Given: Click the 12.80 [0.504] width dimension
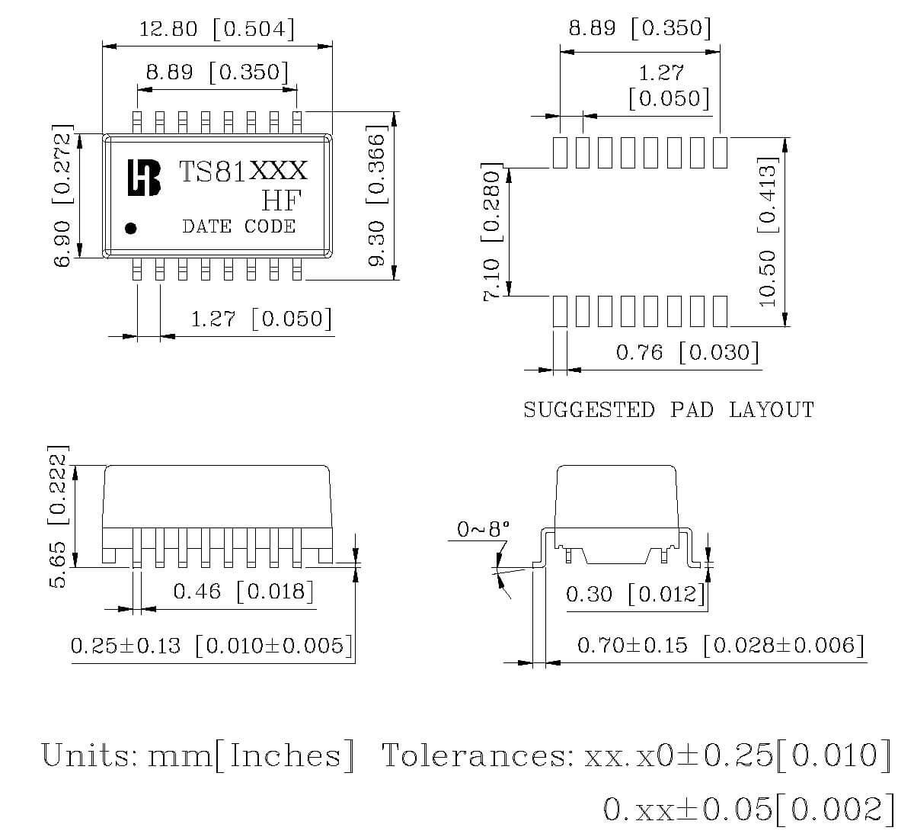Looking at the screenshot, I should tap(216, 30).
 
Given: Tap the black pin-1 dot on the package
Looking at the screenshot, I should tap(130, 227).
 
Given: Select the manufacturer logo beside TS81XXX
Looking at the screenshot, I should tap(144, 178).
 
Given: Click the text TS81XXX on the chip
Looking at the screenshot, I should tap(242, 171).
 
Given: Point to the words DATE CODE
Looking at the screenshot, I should tap(238, 226).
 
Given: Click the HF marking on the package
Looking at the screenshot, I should tap(281, 200).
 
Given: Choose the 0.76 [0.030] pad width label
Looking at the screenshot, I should tap(687, 352).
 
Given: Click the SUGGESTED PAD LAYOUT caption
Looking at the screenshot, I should tap(668, 410).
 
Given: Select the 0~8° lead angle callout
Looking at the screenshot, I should tap(483, 528).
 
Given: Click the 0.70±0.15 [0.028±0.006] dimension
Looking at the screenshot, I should tap(721, 646).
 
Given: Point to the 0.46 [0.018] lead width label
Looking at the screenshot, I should tap(243, 591).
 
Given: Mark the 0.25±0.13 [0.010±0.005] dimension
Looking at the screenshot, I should tap(212, 646).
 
